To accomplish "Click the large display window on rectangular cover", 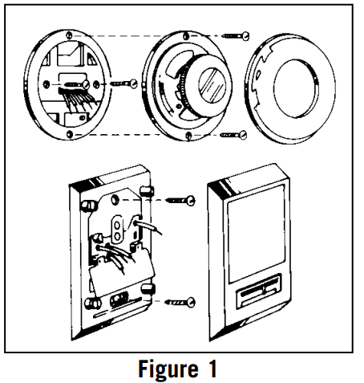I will point(253,234).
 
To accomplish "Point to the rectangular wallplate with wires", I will point(112,249).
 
